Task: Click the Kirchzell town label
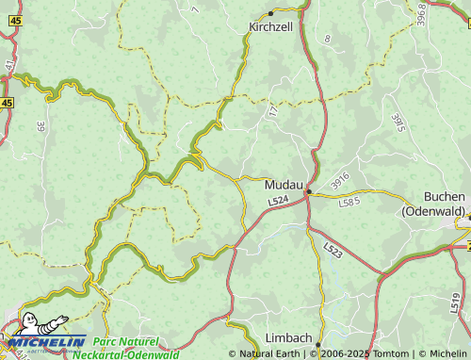click(270, 27)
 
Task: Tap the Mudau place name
click(284, 184)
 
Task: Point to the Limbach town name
click(289, 337)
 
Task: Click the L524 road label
click(277, 202)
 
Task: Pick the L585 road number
click(349, 201)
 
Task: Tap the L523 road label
click(333, 250)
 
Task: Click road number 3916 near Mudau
click(340, 178)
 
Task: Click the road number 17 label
click(273, 110)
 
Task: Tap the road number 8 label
click(327, 39)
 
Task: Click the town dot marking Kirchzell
click(270, 13)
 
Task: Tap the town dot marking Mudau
click(309, 192)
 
